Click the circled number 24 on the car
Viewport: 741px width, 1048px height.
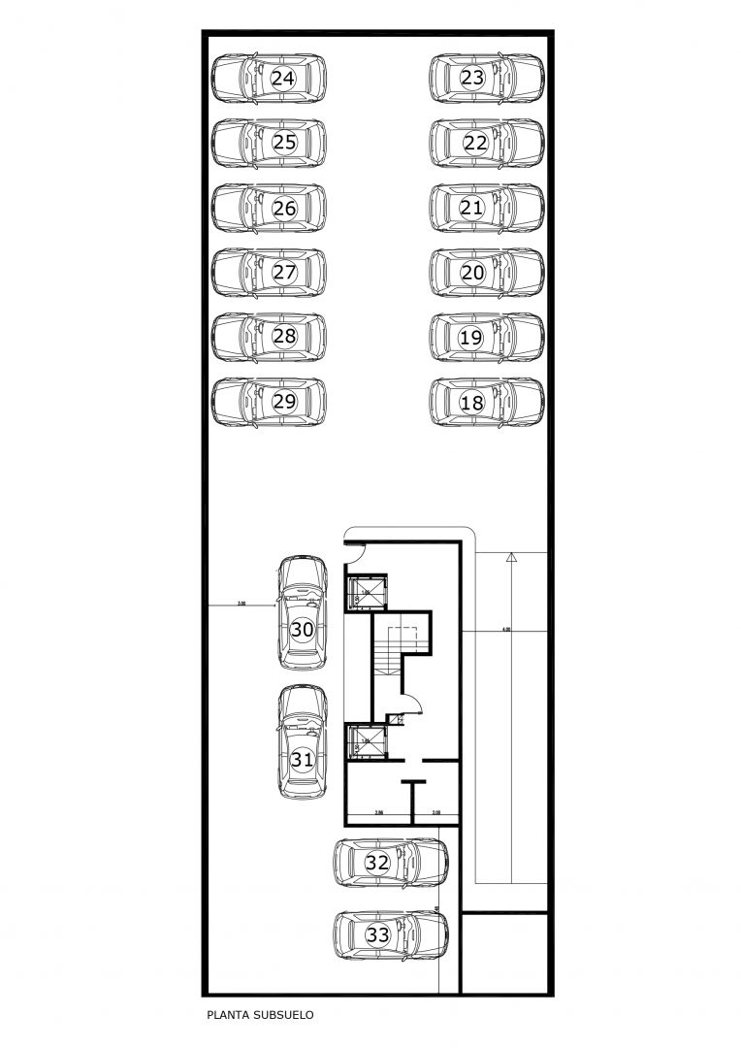[x=282, y=79]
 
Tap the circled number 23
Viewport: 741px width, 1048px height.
[x=472, y=79]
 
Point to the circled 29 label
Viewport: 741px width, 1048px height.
[x=283, y=402]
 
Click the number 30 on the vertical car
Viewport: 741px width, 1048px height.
[x=302, y=630]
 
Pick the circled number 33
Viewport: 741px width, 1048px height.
[x=377, y=935]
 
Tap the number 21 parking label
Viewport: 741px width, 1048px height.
[x=472, y=208]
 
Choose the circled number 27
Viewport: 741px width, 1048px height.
[x=283, y=273]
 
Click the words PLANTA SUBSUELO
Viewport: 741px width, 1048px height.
[x=260, y=1016]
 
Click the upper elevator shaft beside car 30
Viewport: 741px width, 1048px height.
[x=368, y=592]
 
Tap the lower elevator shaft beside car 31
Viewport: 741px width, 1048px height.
[x=368, y=741]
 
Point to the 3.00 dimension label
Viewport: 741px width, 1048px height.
[x=241, y=604]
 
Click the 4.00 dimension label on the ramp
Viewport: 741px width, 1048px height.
[x=505, y=630]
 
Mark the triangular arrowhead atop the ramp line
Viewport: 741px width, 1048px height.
[x=511, y=558]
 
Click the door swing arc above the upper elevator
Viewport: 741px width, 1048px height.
[x=355, y=551]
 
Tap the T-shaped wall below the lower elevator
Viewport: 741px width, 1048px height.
[x=414, y=791]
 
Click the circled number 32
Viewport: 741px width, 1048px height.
[x=377, y=862]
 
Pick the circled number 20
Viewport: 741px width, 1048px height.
[x=472, y=273]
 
